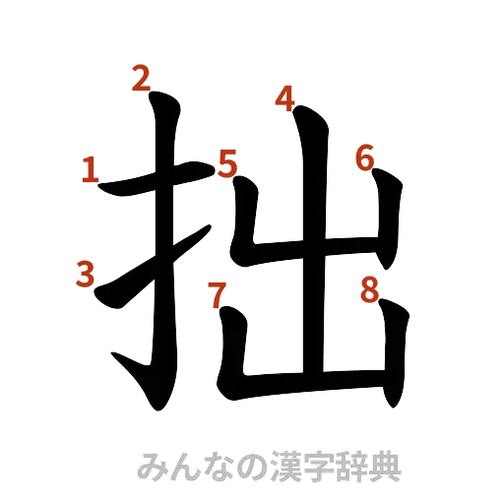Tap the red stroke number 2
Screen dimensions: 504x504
142,78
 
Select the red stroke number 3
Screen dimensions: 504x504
86,275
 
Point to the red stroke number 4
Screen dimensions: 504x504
284,98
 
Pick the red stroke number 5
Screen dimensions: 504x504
227,163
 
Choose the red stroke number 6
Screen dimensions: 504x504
365,157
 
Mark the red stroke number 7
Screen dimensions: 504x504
216,292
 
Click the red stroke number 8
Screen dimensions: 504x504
369,289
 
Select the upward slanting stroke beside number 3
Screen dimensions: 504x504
148,271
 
